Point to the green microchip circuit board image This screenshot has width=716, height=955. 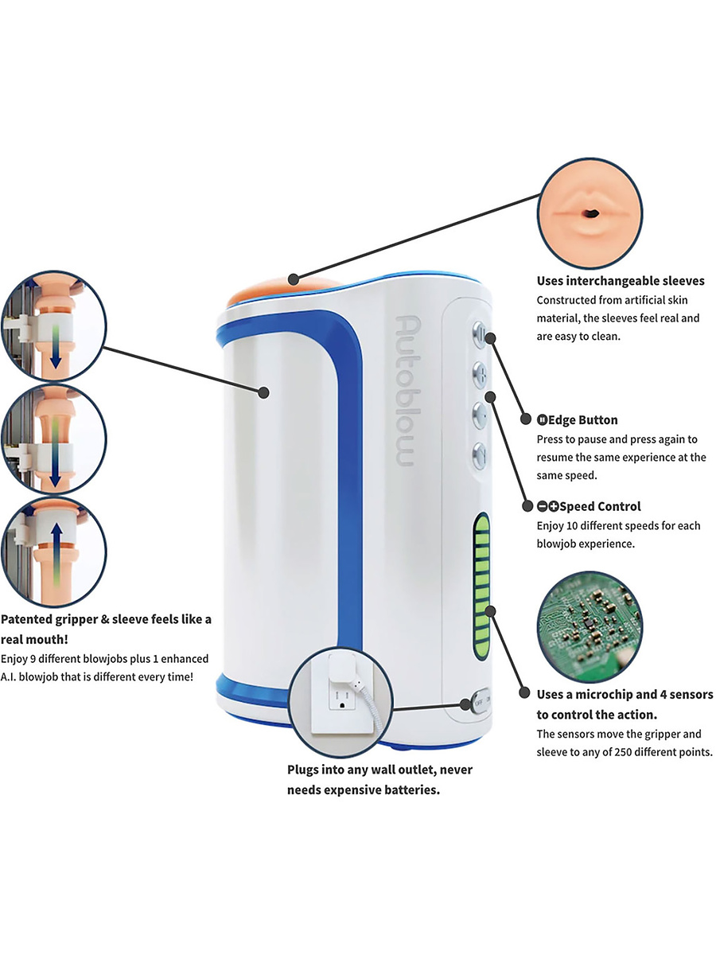589,622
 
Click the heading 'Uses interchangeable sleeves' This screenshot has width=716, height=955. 621,280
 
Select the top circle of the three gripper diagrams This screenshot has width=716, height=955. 54,326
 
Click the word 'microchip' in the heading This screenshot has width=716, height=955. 611,695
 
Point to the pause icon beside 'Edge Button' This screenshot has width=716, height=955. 542,420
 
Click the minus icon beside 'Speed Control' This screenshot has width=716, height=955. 542,506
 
